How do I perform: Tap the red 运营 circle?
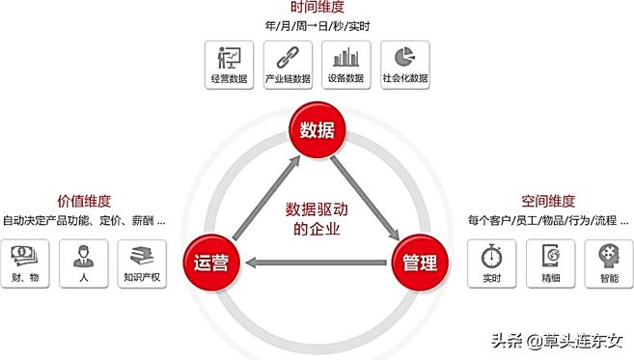click(211, 262)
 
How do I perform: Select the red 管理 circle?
click(421, 262)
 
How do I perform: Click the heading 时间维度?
click(317, 8)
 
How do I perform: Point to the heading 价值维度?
click(84, 202)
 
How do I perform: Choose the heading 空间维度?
click(547, 202)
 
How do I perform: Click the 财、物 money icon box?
click(25, 263)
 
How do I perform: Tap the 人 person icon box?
click(83, 263)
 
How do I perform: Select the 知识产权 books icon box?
click(141, 263)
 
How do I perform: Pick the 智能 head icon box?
click(609, 263)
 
